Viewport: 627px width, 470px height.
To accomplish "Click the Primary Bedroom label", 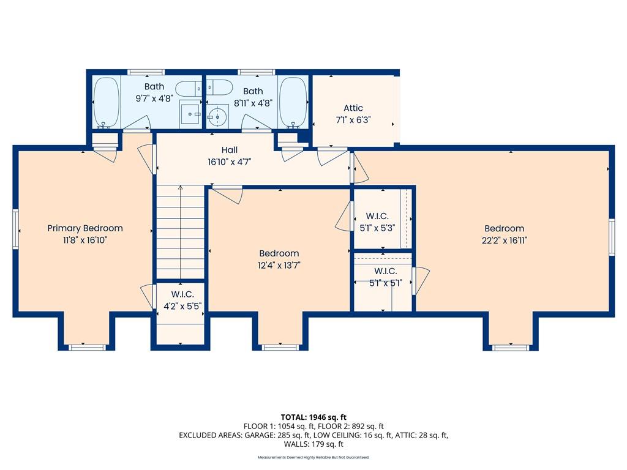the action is click(x=84, y=228).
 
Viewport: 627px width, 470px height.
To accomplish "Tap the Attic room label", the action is click(x=353, y=108).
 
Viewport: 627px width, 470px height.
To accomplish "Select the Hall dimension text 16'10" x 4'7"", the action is click(x=229, y=162).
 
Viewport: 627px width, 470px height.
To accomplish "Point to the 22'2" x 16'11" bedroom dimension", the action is click(x=505, y=240).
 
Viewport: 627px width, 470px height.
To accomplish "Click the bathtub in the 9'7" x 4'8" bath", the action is click(x=106, y=102).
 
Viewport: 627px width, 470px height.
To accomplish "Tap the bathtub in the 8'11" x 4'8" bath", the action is click(x=293, y=102).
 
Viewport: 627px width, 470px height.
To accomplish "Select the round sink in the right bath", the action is click(x=217, y=117).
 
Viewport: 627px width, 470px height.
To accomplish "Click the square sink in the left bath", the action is click(x=190, y=113).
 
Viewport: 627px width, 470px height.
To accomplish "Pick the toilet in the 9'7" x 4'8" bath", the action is click(x=189, y=88).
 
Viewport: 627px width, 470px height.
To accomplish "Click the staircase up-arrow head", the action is click(x=181, y=187).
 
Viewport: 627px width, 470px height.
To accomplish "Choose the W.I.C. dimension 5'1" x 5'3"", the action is click(x=377, y=228).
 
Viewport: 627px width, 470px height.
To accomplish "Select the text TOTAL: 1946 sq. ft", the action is click(x=313, y=417).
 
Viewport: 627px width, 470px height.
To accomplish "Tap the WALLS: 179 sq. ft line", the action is click(x=313, y=444).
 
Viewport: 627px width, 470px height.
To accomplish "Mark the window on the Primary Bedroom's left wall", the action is click(x=15, y=229).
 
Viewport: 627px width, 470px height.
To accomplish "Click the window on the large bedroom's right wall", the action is click(x=612, y=237).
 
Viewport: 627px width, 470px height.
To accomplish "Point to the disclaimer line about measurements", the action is click(x=313, y=457).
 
